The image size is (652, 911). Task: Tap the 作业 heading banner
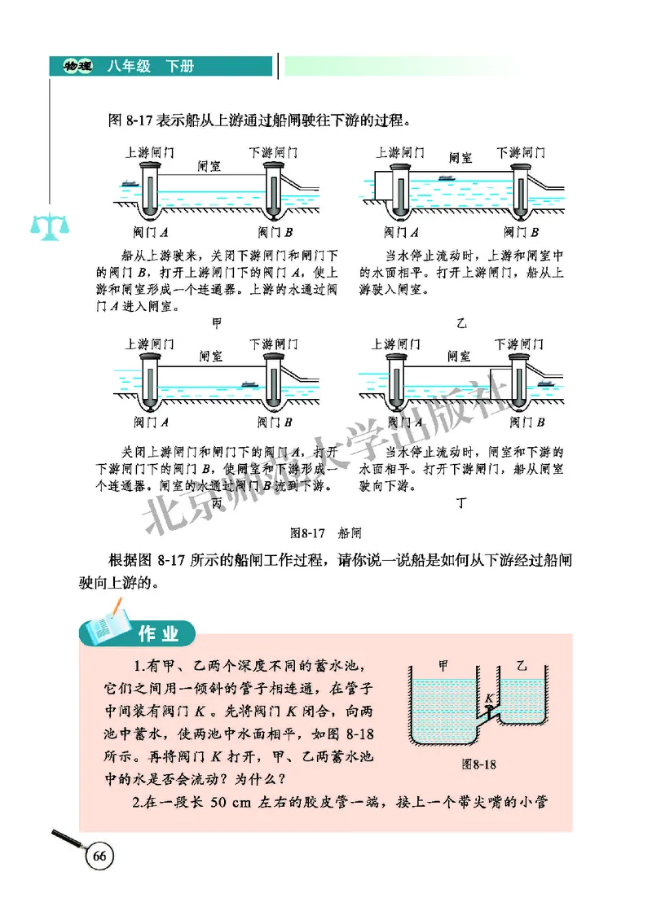click(156, 632)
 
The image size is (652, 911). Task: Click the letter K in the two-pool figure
click(487, 698)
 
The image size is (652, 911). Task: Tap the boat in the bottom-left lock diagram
click(249, 383)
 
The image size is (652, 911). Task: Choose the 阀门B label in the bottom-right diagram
click(526, 422)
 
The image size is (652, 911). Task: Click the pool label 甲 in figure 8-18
click(443, 664)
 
